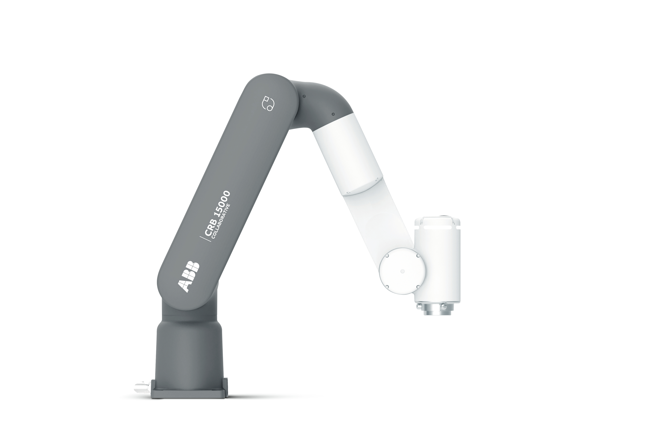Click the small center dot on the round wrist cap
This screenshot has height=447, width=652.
[x=402, y=271]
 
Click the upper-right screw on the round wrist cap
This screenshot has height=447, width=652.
[x=418, y=256]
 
